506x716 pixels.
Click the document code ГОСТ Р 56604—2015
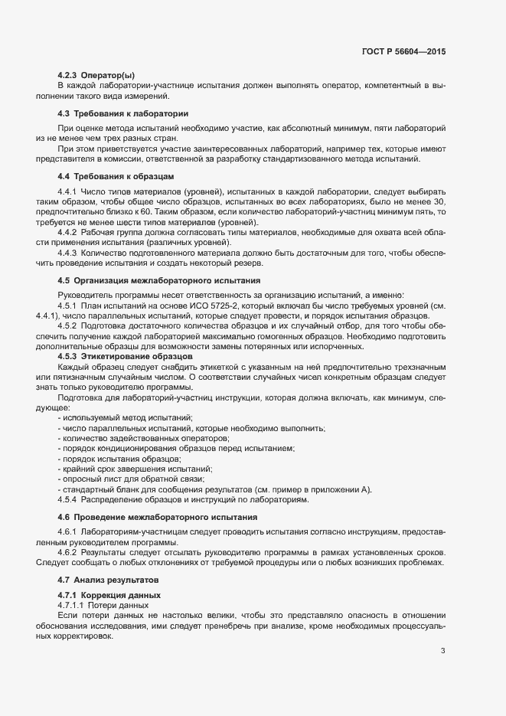click(x=403, y=51)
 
